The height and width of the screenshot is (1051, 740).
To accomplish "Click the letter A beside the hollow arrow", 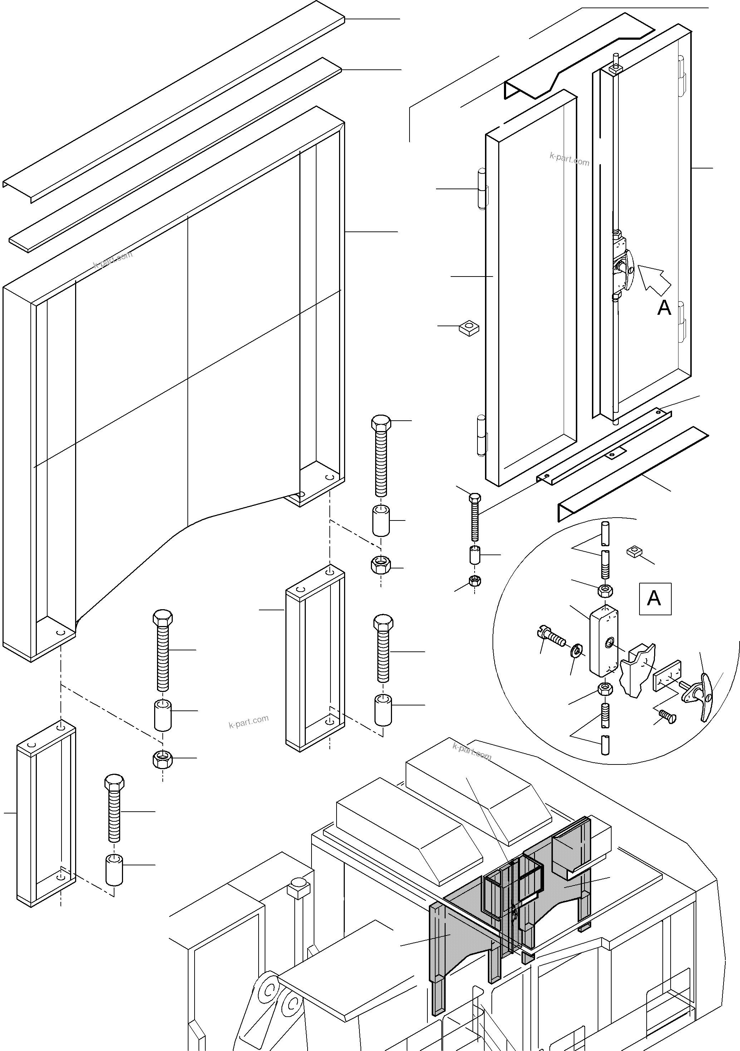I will pos(664,308).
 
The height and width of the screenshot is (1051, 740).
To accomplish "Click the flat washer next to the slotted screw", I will pos(577,650).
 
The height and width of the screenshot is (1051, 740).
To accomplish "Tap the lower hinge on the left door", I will pos(481,435).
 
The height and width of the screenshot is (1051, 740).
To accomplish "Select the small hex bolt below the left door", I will pos(475,517).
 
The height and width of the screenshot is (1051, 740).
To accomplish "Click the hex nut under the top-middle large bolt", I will pos(381,565).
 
